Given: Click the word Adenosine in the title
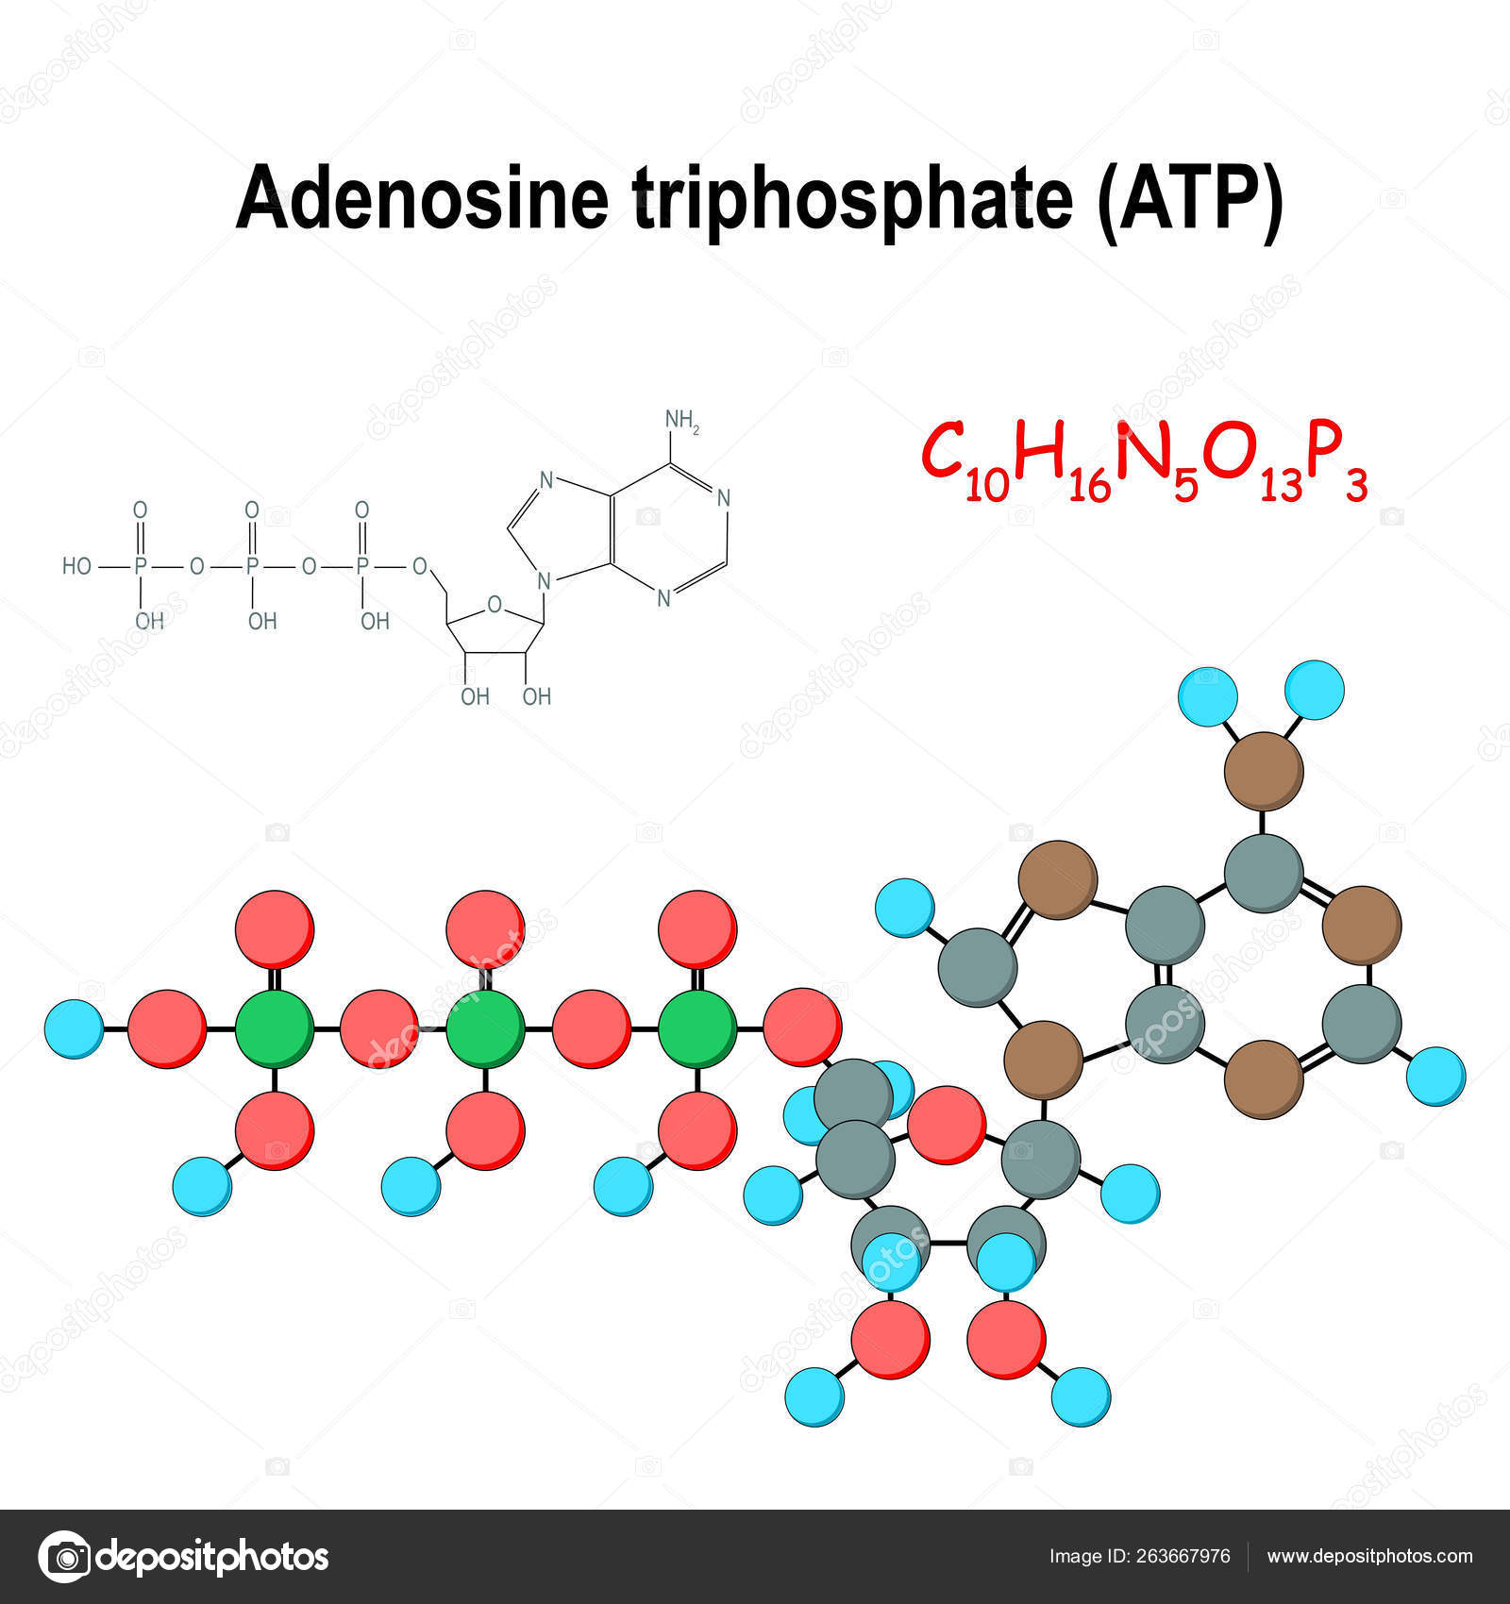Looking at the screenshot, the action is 422,196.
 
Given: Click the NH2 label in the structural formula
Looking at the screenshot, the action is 681,420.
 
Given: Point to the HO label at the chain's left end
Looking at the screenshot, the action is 76,566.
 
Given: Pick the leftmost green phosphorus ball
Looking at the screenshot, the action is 274,1028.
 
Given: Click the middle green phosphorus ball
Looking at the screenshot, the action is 485,1028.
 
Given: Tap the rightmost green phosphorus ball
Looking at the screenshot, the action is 697,1028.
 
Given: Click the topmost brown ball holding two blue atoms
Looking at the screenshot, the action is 1264,771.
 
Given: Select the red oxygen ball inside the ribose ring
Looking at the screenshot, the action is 946,1125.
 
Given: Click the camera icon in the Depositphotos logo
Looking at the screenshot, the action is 64,1557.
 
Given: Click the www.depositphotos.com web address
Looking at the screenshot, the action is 1369,1557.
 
